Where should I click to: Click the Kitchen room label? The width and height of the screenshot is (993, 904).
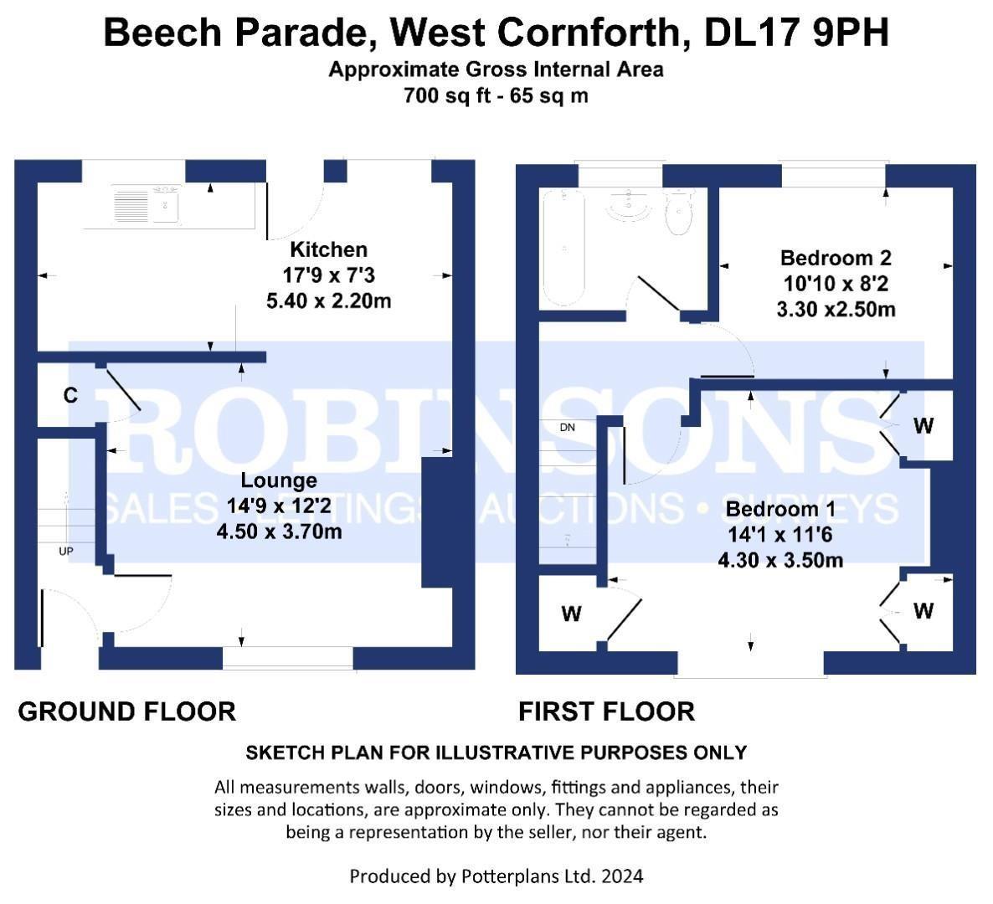328,249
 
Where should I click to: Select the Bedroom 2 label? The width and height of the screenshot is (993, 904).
836,258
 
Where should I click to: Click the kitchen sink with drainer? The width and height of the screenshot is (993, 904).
147,204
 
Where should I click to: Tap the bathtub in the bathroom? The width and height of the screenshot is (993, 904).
562,248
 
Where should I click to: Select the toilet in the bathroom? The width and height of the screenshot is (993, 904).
679,213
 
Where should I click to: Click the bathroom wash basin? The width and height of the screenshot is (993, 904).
629,205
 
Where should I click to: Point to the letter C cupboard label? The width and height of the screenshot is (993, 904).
71,395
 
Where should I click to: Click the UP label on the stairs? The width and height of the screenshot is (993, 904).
66,552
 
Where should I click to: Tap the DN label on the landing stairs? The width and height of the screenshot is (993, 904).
568,428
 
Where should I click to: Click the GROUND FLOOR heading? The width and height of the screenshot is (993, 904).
126,711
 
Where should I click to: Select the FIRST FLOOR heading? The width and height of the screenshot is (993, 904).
606,711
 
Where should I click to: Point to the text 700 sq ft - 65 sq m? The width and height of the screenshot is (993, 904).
496,95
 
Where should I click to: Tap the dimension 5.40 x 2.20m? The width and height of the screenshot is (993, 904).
328,300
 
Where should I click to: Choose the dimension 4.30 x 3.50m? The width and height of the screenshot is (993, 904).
780,560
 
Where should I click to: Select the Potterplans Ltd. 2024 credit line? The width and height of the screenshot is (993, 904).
496,876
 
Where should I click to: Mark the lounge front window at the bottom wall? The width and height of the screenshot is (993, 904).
288,658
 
